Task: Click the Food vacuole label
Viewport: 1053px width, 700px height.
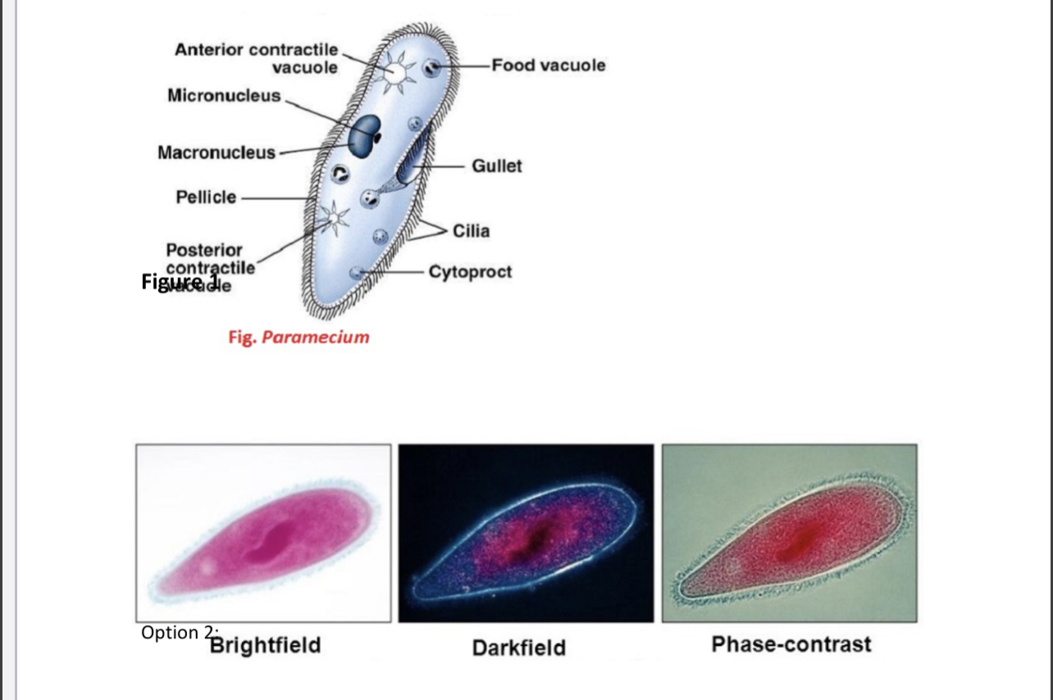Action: click(x=549, y=65)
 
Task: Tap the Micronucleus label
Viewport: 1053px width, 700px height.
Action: click(x=223, y=96)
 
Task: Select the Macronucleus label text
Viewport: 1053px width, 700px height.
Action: click(x=217, y=152)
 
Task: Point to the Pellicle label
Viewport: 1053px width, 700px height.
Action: click(x=206, y=197)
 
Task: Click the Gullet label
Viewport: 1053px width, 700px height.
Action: click(x=496, y=166)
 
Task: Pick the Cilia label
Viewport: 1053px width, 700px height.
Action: click(x=471, y=230)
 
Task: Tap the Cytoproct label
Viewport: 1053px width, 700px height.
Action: click(x=470, y=271)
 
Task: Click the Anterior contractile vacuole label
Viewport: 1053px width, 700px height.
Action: click(x=256, y=57)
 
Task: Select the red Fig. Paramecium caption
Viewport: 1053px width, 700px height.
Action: click(x=299, y=337)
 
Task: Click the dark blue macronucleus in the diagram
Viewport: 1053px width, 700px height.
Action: click(x=363, y=135)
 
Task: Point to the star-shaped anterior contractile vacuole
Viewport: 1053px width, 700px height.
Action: click(x=395, y=70)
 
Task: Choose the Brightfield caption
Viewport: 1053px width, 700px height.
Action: click(x=265, y=645)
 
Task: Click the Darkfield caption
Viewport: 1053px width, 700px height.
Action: click(x=518, y=648)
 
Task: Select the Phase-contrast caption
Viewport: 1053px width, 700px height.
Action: click(x=791, y=644)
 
